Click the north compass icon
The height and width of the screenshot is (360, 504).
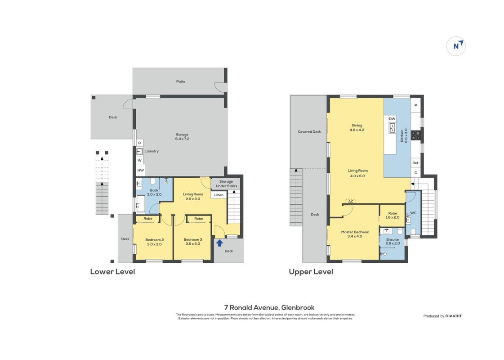456,46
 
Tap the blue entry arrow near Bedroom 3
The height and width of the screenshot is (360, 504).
219,243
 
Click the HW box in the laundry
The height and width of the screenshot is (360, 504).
140,170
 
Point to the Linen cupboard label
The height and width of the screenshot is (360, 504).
219,195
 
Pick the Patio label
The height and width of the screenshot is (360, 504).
181,81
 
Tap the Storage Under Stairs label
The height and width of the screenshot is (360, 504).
226,184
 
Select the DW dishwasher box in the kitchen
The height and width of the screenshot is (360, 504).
392,119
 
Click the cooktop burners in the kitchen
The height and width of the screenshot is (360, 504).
415,135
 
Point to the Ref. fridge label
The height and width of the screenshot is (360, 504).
415,163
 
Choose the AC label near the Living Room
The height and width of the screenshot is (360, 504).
351,202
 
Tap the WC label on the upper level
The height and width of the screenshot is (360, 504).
413,213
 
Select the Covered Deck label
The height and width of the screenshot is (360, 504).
309,131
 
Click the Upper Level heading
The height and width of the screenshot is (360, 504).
311,271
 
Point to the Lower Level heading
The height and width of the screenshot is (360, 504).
112,271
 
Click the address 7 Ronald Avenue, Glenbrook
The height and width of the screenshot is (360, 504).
269,307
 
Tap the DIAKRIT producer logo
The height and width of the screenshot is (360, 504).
453,316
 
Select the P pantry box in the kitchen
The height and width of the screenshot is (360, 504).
415,105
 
